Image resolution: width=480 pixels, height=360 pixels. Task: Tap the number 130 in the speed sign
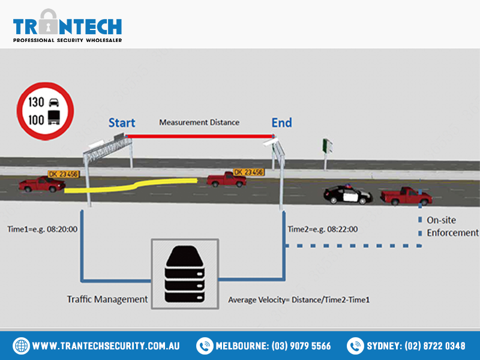tap(36, 102)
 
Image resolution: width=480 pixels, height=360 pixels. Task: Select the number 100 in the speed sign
tap(36, 119)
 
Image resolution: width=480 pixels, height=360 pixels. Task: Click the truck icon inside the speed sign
tap(54, 118)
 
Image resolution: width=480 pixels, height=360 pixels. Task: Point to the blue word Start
tap(122, 123)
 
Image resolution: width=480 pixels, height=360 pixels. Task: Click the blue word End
tap(281, 122)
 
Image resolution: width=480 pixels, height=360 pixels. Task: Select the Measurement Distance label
tap(199, 122)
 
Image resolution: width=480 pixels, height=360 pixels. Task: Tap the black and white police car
tap(348, 194)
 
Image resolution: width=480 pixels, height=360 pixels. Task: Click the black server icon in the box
tap(185, 274)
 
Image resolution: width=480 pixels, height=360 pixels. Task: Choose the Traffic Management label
tap(107, 299)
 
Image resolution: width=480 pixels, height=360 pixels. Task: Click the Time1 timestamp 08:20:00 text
tap(62, 229)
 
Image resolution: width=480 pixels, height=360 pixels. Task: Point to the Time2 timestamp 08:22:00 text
tap(342, 229)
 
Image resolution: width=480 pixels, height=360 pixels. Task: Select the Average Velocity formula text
tap(299, 299)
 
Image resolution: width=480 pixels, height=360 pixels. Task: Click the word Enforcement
tap(453, 233)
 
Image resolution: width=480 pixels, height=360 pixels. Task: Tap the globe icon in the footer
tap(21, 346)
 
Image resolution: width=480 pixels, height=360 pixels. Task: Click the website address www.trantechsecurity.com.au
tap(106, 346)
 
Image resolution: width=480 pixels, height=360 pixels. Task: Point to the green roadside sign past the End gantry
tap(327, 146)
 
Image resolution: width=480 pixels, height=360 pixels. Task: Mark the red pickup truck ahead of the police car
tap(406, 196)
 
